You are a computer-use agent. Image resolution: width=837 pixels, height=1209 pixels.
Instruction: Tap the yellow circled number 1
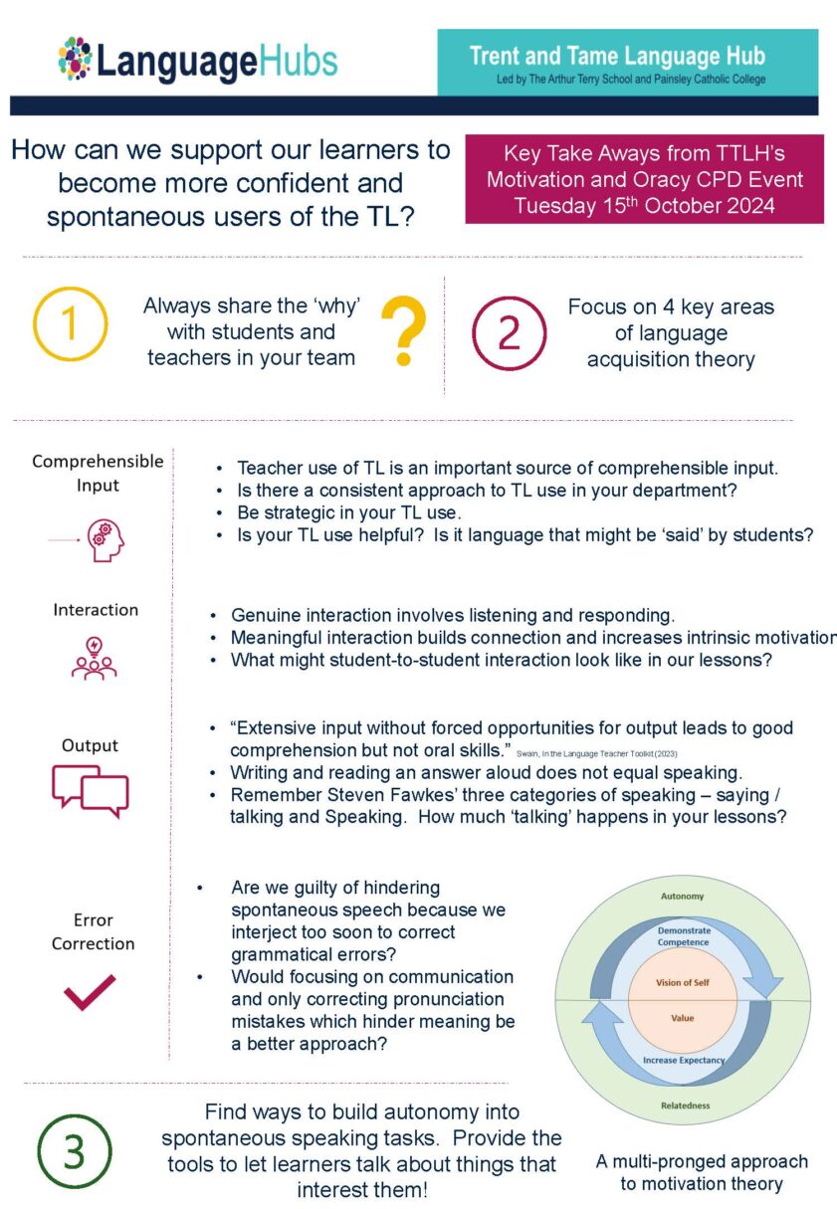pyautogui.click(x=70, y=324)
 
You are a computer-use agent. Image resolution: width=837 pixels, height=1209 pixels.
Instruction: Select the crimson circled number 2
pyautogui.click(x=509, y=332)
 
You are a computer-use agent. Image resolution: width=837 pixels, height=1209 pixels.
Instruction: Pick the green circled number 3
pyautogui.click(x=75, y=1150)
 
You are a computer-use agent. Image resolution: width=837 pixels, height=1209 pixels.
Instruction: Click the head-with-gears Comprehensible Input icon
pyautogui.click(x=105, y=539)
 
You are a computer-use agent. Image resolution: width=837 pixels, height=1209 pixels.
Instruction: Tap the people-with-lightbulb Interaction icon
pyautogui.click(x=94, y=659)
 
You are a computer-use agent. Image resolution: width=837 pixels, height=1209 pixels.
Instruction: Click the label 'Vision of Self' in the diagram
pyautogui.click(x=683, y=982)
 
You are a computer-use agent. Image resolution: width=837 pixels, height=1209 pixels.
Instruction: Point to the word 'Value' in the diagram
pyautogui.click(x=683, y=1018)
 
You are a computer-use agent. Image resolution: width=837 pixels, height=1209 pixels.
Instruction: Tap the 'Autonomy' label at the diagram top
pyautogui.click(x=683, y=896)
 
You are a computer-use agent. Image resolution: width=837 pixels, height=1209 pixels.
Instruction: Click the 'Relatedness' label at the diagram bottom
pyautogui.click(x=683, y=1106)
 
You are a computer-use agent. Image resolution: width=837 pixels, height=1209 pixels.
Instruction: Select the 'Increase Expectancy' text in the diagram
pyautogui.click(x=683, y=1060)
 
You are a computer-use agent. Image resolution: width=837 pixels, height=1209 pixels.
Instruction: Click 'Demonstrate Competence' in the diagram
pyautogui.click(x=683, y=935)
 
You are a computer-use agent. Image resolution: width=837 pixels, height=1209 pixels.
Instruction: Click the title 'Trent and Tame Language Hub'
pyautogui.click(x=617, y=56)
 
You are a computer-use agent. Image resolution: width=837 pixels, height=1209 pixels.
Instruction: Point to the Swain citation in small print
pyautogui.click(x=611, y=753)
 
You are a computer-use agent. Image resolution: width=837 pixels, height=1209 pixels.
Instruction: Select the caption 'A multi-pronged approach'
pyautogui.click(x=702, y=1161)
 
